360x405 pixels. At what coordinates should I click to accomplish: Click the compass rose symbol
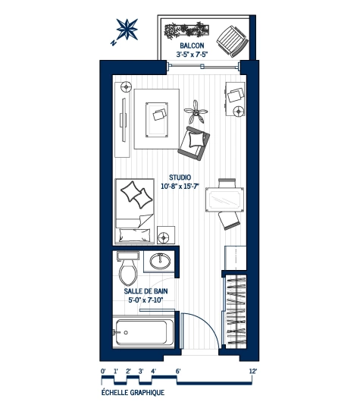click(x=127, y=30)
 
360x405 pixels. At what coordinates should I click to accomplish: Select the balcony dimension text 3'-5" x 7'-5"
click(x=193, y=55)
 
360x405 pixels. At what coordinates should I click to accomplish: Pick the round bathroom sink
click(x=161, y=262)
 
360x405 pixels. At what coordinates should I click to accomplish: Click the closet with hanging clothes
click(x=236, y=311)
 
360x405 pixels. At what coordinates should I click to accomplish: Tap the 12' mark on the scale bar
click(x=253, y=371)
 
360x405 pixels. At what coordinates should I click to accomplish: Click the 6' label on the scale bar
click(x=178, y=371)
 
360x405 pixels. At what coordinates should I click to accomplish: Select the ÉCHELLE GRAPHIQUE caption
click(x=133, y=394)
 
